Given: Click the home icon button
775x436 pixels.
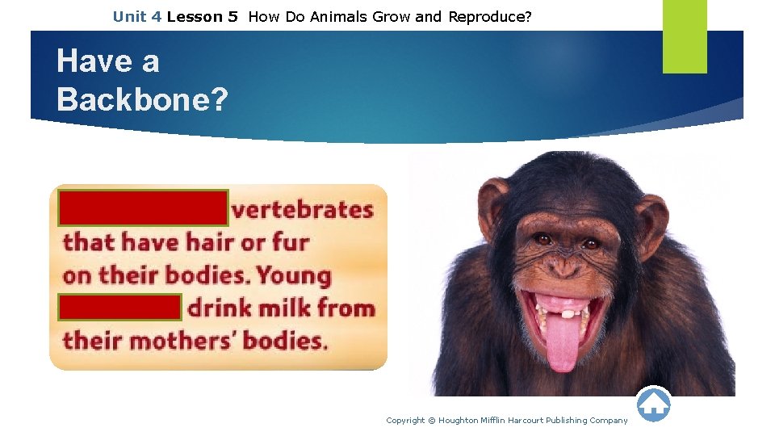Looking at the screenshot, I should [x=654, y=404].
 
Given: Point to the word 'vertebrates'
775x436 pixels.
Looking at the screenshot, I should [x=303, y=210].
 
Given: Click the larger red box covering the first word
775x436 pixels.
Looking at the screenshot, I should [x=143, y=208].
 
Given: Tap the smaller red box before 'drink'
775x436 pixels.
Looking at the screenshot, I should [x=119, y=308].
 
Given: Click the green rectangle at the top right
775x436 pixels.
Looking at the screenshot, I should [x=685, y=36].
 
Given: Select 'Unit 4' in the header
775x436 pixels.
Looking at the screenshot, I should [x=137, y=16].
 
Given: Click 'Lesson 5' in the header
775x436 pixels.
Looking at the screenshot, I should [x=202, y=16].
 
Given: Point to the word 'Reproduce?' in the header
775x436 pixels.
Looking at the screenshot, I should [x=490, y=16].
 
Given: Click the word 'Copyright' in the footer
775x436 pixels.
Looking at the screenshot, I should [x=405, y=420].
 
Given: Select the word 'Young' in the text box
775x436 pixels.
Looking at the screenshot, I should [x=294, y=275].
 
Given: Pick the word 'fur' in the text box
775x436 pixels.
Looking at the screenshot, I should [x=288, y=242].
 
